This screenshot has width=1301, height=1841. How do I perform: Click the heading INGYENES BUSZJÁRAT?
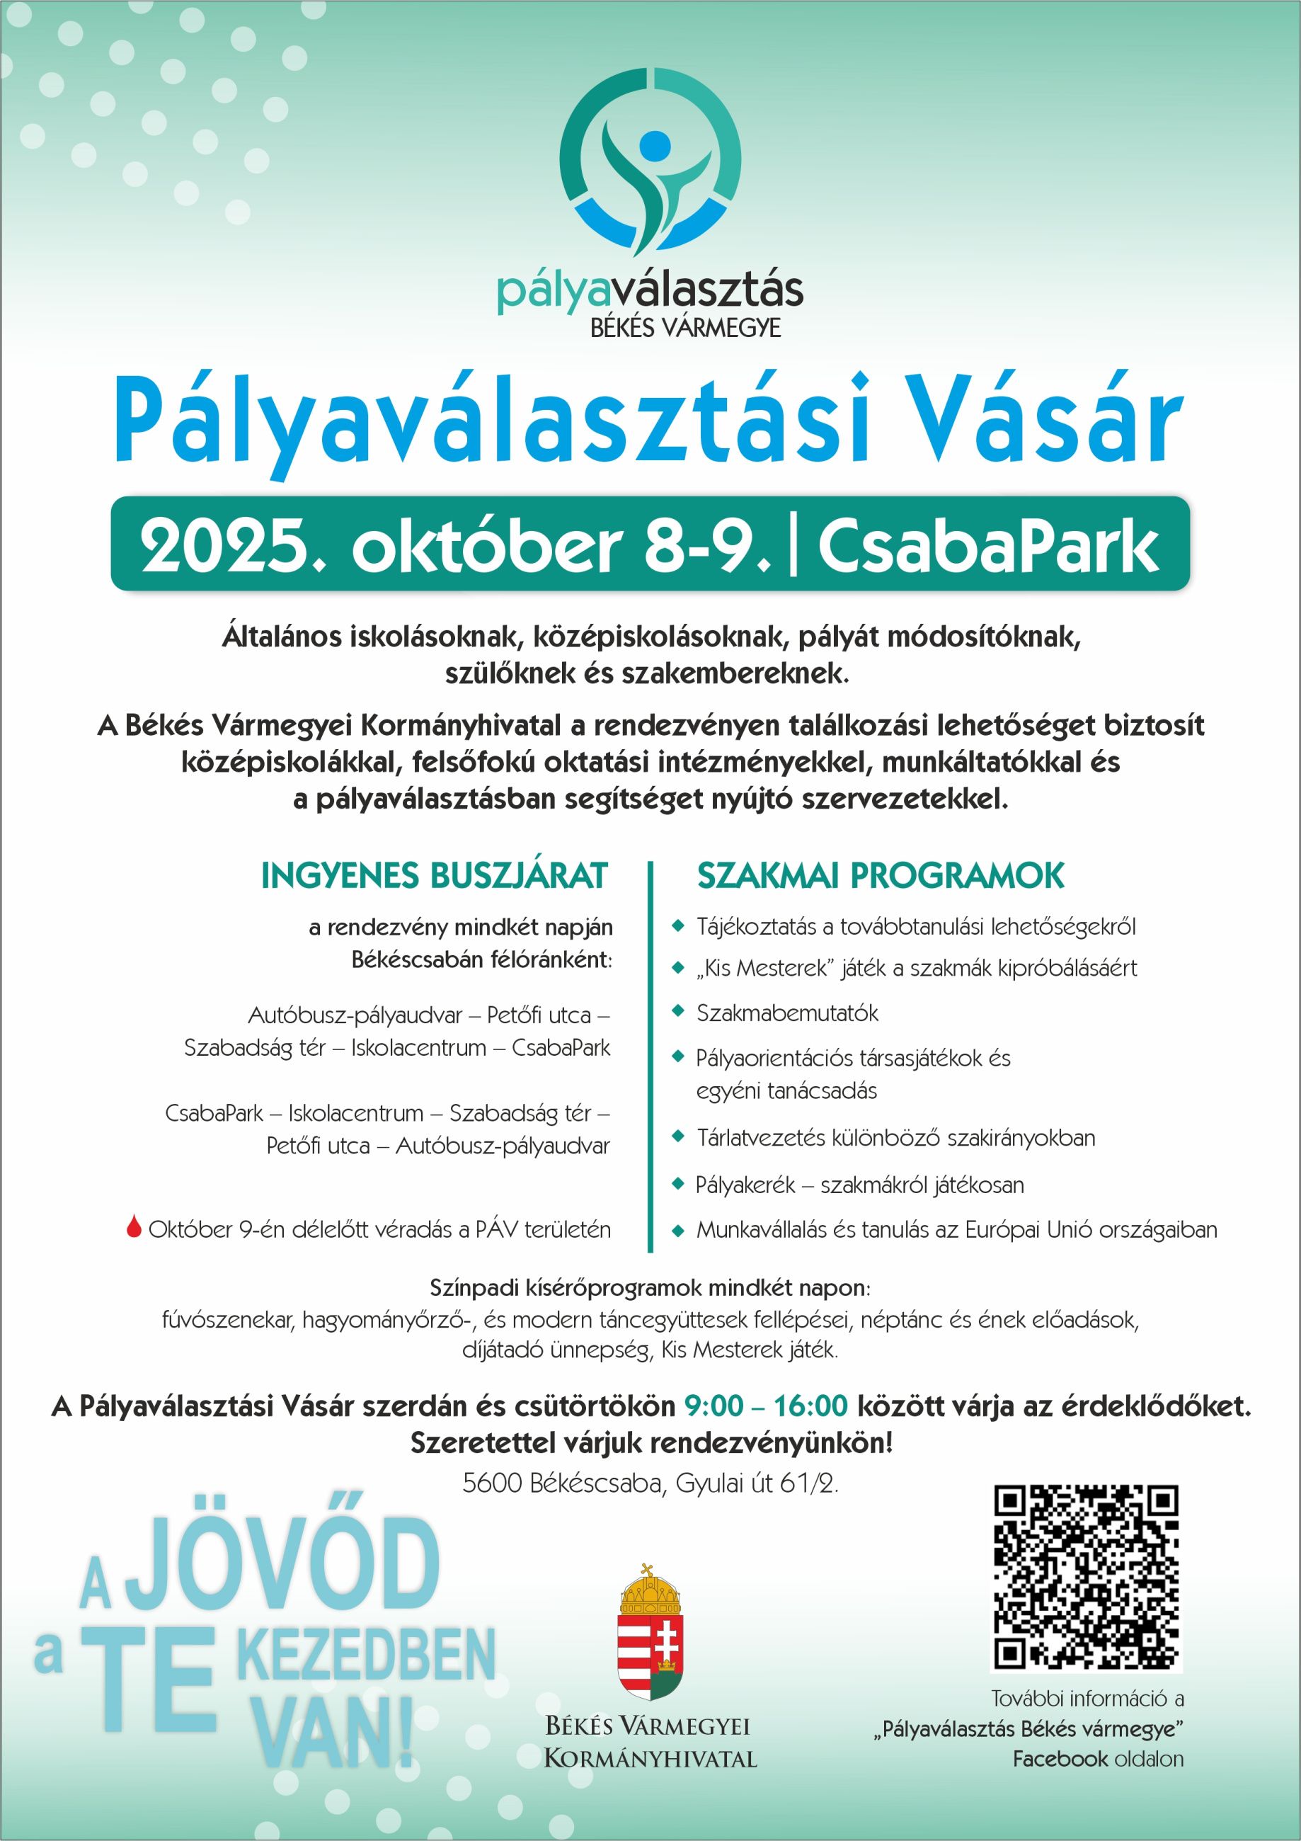pyautogui.click(x=434, y=876)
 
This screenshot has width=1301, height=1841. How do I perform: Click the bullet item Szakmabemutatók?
pyautogui.click(x=787, y=1013)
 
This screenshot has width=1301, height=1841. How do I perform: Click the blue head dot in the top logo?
pyautogui.click(x=654, y=145)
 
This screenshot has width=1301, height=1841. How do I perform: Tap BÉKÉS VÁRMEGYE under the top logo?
pyautogui.click(x=685, y=327)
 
